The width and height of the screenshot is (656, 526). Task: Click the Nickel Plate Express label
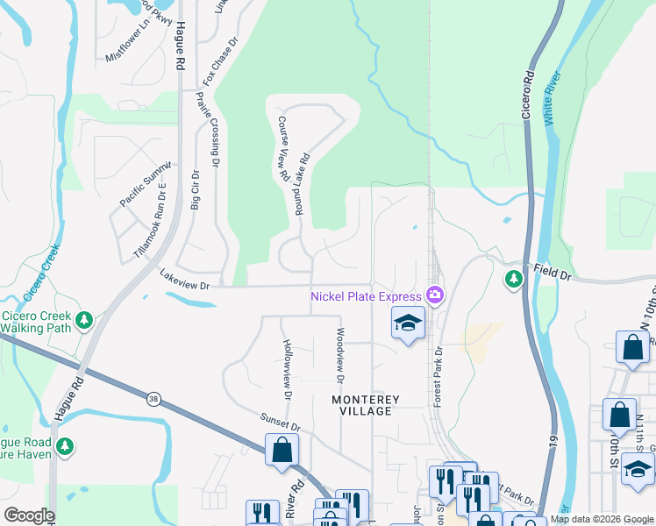coord(366,296)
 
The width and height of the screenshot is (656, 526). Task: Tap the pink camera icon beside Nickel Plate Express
coord(433,295)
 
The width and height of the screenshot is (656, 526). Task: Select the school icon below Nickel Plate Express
coord(407,324)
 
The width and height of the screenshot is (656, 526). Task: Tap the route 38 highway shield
coord(153,399)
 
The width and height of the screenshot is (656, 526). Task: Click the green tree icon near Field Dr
coord(513,280)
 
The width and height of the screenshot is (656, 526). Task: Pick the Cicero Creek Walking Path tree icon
coord(84,320)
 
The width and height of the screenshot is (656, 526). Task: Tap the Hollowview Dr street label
coord(286,365)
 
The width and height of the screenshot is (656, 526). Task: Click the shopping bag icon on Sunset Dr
coord(282,451)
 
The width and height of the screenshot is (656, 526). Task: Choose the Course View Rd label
coord(283,149)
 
